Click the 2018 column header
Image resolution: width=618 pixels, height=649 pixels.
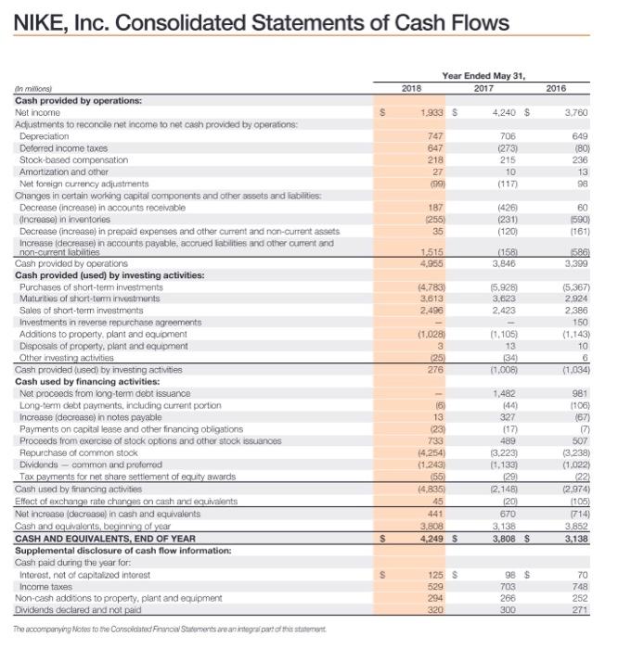pos(411,88)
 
